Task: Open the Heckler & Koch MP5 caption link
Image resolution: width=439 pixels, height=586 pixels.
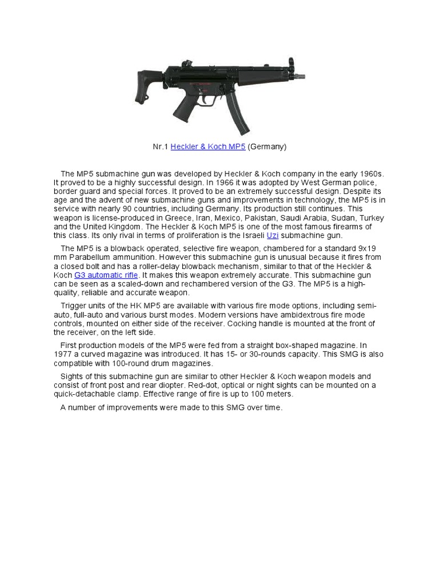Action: [x=207, y=147]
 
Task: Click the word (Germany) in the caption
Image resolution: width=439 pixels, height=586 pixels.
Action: [x=267, y=147]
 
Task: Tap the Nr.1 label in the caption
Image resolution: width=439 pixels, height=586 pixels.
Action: [x=160, y=147]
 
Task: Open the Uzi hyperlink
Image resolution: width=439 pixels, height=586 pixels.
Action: [x=273, y=235]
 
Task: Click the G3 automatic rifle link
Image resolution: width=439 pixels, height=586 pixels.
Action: [x=106, y=275]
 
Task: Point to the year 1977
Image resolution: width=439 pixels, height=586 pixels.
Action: [x=63, y=354]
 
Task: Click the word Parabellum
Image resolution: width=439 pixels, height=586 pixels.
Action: [x=88, y=258]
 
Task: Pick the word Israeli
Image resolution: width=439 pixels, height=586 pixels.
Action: [x=249, y=235]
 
